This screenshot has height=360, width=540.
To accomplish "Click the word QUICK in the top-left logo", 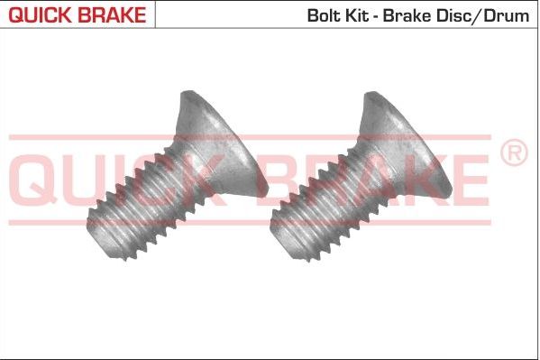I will (x=36, y=14).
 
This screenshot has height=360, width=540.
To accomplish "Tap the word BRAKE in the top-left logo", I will (x=109, y=14).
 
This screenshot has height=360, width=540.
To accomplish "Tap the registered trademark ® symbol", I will (x=512, y=153).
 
